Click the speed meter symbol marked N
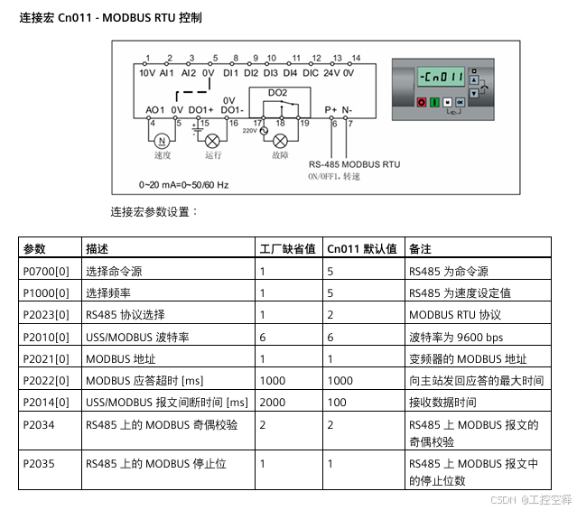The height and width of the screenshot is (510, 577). click(x=163, y=141)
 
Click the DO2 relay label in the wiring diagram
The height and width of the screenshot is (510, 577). click(x=277, y=92)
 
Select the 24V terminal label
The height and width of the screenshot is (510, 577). click(x=330, y=71)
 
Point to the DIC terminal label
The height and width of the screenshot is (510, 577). click(x=310, y=71)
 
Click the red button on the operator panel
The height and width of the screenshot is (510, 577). click(x=421, y=103)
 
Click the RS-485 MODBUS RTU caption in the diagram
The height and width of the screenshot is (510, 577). click(x=354, y=165)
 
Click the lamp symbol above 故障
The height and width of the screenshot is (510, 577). click(x=280, y=141)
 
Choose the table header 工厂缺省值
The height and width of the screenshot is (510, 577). click(x=287, y=249)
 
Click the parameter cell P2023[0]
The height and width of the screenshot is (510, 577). click(x=46, y=314)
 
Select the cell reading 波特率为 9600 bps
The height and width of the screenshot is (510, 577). click(x=456, y=336)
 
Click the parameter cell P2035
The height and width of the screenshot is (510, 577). click(x=39, y=464)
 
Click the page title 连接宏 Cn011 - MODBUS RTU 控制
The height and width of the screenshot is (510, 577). click(x=111, y=17)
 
